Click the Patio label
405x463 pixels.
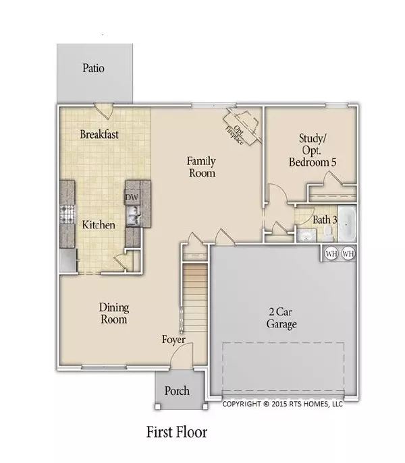click(x=94, y=68)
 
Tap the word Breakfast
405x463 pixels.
click(x=99, y=135)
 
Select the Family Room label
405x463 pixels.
click(x=201, y=166)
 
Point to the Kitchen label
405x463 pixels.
click(x=98, y=224)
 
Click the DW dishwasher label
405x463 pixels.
click(x=132, y=197)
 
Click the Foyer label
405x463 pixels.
click(x=173, y=340)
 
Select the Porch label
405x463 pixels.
click(x=178, y=391)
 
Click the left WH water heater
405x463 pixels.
click(x=331, y=254)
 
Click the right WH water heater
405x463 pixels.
click(x=348, y=254)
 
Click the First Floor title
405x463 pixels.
click(x=177, y=432)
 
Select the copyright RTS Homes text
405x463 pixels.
click(x=282, y=404)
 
